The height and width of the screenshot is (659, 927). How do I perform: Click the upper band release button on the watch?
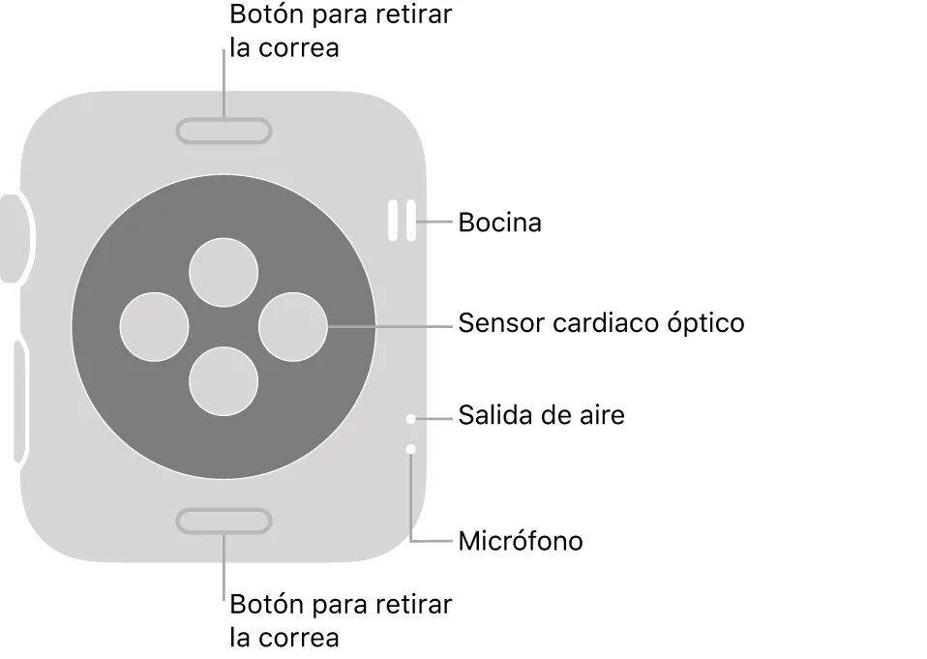coord(224,129)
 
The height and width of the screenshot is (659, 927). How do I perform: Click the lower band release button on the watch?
coord(224,522)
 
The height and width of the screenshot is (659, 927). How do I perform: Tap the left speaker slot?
coord(394,221)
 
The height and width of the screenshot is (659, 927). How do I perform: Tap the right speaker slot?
coord(411,221)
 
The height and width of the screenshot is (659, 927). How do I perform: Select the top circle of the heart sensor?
coord(224,270)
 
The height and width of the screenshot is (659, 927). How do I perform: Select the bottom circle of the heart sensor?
coord(224,381)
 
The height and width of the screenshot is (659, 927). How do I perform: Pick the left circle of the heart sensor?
coord(154,326)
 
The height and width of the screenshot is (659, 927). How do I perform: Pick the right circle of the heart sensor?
coord(293,326)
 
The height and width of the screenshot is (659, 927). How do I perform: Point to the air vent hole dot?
coord(411,419)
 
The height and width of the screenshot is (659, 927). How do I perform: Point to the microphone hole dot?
coord(411,449)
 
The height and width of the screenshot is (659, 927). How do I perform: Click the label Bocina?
coord(499,224)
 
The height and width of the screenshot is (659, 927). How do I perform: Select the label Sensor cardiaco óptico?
coord(601,322)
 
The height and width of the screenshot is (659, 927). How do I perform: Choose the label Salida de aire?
coord(541,416)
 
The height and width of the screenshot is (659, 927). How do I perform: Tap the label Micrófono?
coord(521,541)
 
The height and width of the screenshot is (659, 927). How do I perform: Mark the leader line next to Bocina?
coord(436,223)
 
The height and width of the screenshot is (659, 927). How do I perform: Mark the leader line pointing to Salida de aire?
coord(434,418)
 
